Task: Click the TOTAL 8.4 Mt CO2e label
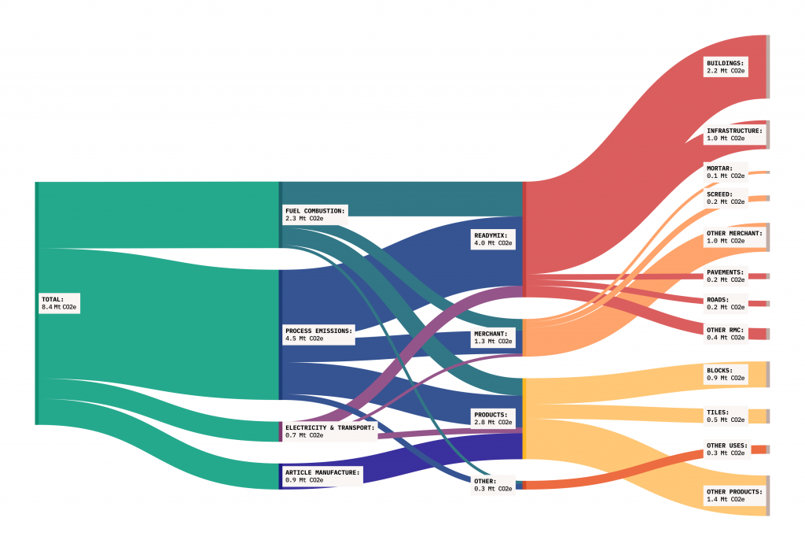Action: (59, 303)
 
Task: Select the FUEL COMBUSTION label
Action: (315, 215)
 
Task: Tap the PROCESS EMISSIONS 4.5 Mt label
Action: (319, 335)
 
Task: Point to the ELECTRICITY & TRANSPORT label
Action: (330, 431)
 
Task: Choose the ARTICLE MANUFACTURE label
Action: (323, 476)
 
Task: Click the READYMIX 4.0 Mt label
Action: (493, 239)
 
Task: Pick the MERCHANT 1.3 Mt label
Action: (493, 338)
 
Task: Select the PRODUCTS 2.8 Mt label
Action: (493, 419)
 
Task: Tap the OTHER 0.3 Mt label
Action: (493, 485)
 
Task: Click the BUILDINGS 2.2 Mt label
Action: (726, 68)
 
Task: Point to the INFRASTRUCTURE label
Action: (734, 135)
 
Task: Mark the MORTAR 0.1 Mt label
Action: (726, 172)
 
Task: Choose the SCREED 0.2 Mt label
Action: (726, 198)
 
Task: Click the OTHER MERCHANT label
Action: (734, 237)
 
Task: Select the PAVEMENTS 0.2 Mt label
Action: (726, 276)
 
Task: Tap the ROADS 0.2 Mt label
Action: (726, 303)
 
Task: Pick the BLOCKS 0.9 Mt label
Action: (726, 374)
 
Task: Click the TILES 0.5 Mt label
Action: (726, 416)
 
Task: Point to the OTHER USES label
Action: (727, 449)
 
